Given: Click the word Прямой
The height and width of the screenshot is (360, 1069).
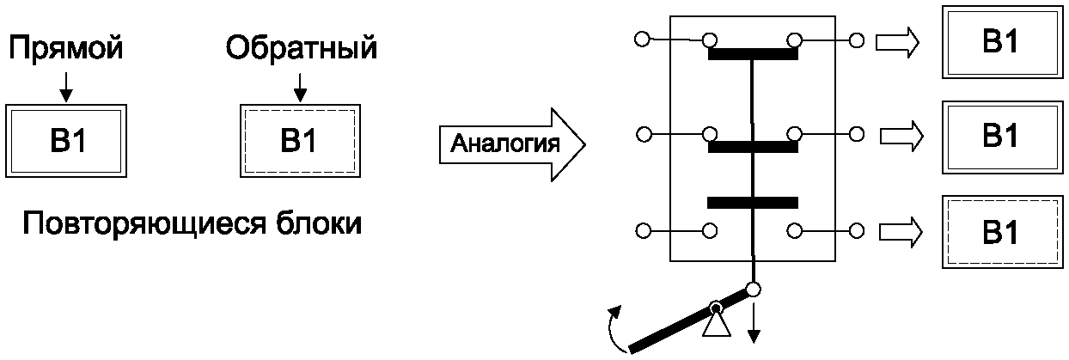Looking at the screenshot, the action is pyautogui.click(x=66, y=48).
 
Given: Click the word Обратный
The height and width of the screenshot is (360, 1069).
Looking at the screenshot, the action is pyautogui.click(x=301, y=48).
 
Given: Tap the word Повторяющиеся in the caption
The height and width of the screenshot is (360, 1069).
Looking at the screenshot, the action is pyautogui.click(x=144, y=223).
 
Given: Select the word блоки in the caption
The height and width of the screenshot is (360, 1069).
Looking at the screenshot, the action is pyautogui.click(x=319, y=223).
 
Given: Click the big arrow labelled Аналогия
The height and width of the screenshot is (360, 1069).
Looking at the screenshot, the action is pyautogui.click(x=512, y=144).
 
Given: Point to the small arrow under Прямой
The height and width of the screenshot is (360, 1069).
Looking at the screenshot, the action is pyautogui.click(x=66, y=87).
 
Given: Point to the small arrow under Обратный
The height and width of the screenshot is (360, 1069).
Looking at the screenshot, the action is pyautogui.click(x=300, y=87).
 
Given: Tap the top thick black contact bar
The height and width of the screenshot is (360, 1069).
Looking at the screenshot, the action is pyautogui.click(x=753, y=54).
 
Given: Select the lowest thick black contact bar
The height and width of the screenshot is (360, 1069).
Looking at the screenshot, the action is pyautogui.click(x=753, y=203).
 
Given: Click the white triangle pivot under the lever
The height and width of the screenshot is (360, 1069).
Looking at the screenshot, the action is pyautogui.click(x=717, y=326).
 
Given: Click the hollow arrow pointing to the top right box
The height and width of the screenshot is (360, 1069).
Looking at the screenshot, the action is pyautogui.click(x=897, y=42).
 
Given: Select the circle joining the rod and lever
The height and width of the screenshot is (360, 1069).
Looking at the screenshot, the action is pyautogui.click(x=753, y=290).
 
